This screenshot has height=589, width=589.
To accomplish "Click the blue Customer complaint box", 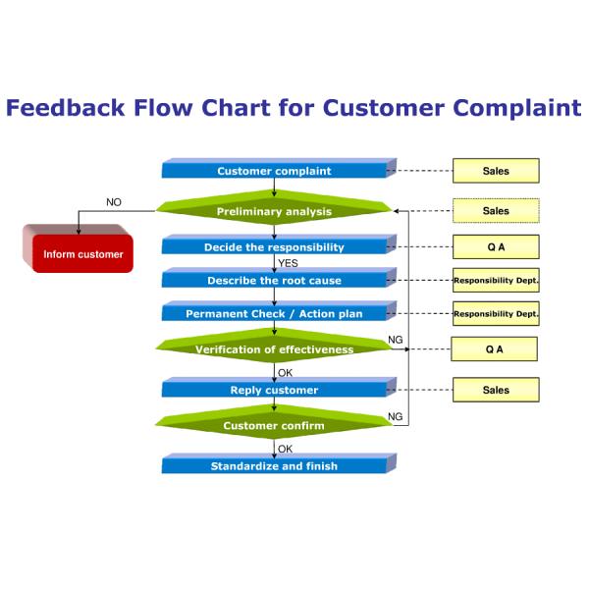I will point(274,171).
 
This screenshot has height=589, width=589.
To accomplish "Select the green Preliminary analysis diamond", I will point(274,211).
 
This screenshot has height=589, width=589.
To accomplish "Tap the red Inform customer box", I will point(82,255).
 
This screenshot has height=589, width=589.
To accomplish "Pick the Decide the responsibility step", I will point(274,247).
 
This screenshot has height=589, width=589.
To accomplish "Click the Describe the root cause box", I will point(274,281).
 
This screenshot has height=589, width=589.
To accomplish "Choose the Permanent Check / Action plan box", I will point(274,314).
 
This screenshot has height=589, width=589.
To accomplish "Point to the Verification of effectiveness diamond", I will point(274,349).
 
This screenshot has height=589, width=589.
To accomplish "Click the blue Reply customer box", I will point(274,390).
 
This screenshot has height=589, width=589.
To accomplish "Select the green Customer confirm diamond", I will point(274,425).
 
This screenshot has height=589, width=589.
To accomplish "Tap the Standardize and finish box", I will point(274,466).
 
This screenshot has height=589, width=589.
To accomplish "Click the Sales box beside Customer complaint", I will point(496,171).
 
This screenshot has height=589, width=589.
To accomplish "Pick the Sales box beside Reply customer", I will point(496,390).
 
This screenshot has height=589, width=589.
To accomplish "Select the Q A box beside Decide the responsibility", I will point(496,247).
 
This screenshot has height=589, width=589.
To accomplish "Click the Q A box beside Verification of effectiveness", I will point(494,349).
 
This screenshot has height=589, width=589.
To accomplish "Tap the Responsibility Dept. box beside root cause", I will point(496,281).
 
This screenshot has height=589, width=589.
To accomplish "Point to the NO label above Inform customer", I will point(114,202).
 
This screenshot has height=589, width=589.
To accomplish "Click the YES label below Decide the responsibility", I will point(288,264).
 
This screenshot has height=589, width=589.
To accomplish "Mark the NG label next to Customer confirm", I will point(396,417).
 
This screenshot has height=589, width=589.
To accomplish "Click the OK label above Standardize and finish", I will point(286,450).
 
